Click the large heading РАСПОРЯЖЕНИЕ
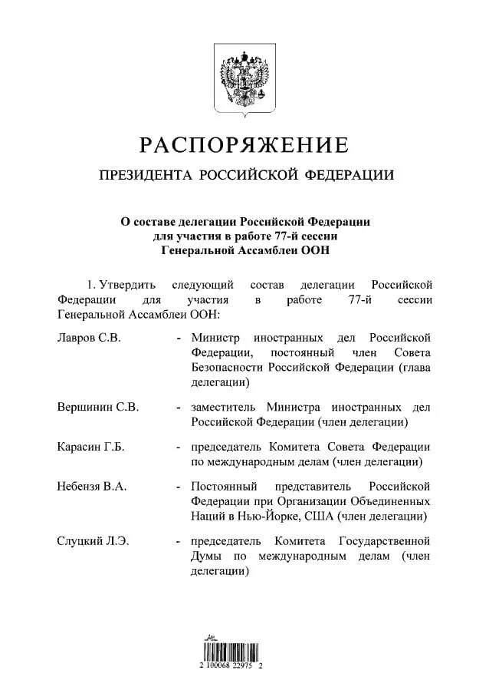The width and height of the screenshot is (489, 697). tap(244, 144)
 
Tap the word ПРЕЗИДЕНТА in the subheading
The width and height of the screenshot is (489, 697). tap(146, 176)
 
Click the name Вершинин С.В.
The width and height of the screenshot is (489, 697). tap(98, 408)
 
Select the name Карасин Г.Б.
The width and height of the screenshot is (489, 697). tap(90, 448)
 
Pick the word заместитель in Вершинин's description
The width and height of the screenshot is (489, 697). tap(224, 408)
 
